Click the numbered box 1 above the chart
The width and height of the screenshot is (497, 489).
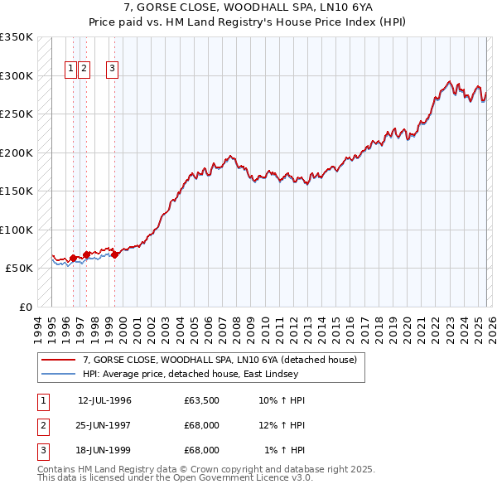(x=72, y=70)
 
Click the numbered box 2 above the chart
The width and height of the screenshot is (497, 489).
(x=85, y=70)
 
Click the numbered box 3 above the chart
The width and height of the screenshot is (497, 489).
(x=113, y=70)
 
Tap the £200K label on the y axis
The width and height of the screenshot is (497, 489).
(x=17, y=153)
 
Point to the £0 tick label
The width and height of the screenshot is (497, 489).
(x=26, y=307)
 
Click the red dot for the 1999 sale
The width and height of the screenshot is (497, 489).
(x=115, y=254)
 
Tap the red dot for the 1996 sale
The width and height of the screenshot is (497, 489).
(x=74, y=258)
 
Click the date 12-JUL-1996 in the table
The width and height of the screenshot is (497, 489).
(x=104, y=400)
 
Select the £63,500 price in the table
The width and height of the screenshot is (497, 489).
(x=202, y=400)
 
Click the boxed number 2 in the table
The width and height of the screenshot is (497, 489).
(x=42, y=425)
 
